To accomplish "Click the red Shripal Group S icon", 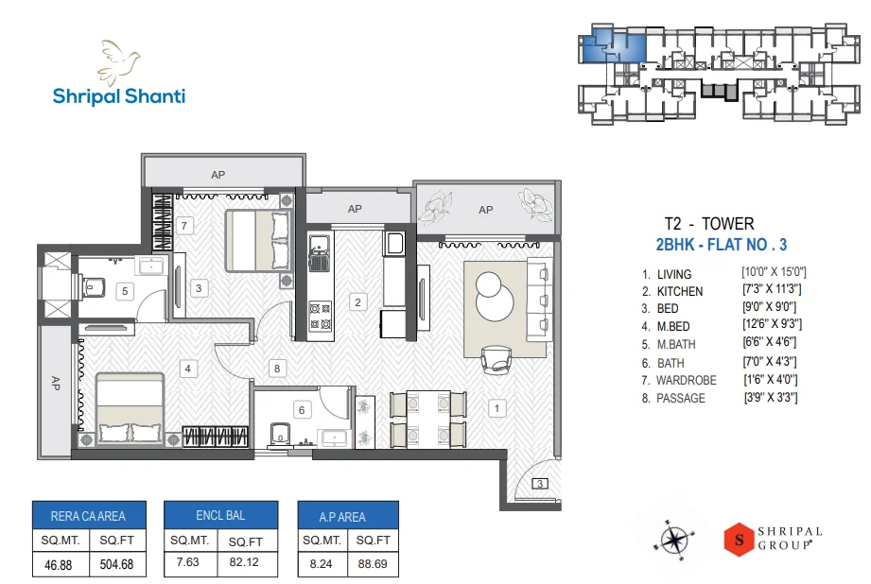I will tap(737, 539).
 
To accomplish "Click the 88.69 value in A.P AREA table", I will tap(371, 564).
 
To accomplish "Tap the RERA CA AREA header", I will tap(87, 516).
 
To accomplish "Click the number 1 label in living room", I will tap(496, 408).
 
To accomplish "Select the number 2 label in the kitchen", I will tap(357, 302).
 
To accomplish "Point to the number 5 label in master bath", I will tap(125, 291).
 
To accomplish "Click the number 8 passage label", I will tap(276, 369).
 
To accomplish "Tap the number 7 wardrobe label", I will tap(185, 225).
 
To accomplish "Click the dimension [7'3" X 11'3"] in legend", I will tap(774, 290).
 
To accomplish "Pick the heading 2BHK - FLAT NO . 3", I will tap(722, 246).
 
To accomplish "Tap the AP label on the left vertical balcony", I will tap(55, 384).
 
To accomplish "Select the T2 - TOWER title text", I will tap(709, 224).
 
